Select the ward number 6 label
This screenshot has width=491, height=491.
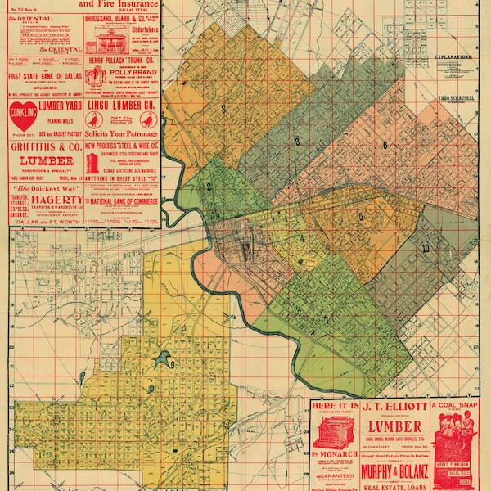pyautogui.click(x=384, y=146)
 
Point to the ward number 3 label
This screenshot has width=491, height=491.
pyautogui.click(x=297, y=142)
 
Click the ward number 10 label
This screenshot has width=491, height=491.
pyautogui.click(x=425, y=247)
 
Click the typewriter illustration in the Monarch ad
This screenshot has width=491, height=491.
pyautogui.click(x=334, y=432)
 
